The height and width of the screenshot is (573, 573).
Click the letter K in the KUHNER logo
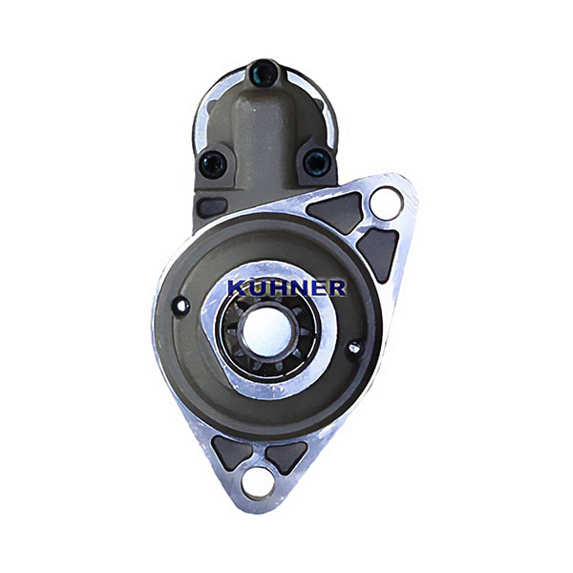coord(238,287)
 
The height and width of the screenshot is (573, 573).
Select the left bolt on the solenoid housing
coord(213,164)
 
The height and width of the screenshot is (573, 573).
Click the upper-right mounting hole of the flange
coord(386,203)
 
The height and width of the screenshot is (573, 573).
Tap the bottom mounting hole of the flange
coord(257,484)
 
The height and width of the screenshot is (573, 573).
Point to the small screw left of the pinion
coord(181,307)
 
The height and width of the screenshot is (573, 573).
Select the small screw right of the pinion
coord(354,348)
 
